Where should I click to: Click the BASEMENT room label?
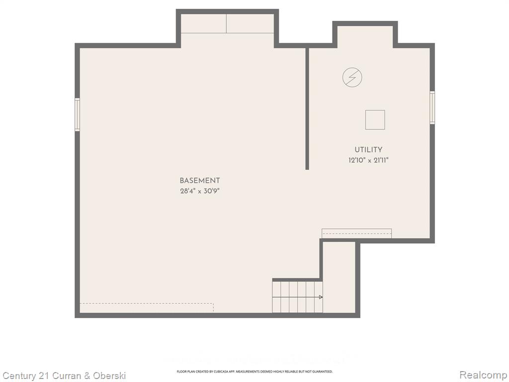(x=200, y=181)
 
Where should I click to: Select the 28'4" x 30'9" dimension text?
(x=200, y=191)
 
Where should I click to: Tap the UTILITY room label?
(x=368, y=150)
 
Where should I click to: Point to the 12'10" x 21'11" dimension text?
(x=368, y=160)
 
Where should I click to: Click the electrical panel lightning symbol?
(x=352, y=77)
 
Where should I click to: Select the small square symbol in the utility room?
(x=375, y=120)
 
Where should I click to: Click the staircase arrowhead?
(x=321, y=297)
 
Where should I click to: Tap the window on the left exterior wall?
(x=77, y=115)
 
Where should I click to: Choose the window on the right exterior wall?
(x=432, y=107)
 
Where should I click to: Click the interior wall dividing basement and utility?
(x=307, y=109)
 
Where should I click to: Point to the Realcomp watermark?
(x=483, y=375)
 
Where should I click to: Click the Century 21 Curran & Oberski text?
(x=64, y=376)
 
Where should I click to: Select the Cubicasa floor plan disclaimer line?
(x=254, y=371)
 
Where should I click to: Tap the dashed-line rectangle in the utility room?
(x=356, y=233)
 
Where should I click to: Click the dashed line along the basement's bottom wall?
(x=147, y=303)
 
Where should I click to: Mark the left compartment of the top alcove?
(x=203, y=23)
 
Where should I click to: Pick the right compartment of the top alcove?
(x=250, y=23)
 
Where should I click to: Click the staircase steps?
(x=297, y=297)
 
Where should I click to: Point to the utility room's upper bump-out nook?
(x=365, y=36)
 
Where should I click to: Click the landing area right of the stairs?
(x=339, y=278)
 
